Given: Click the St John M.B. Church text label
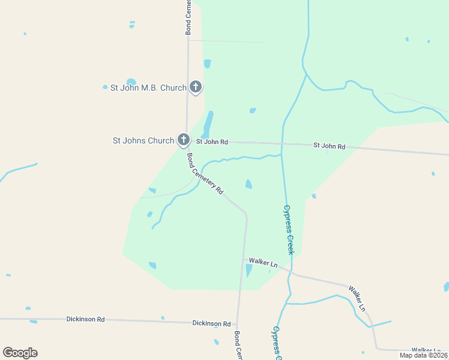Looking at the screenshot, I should [x=148, y=88].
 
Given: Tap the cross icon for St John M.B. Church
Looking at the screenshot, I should [x=195, y=87].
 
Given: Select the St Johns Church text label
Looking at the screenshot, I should [x=143, y=141].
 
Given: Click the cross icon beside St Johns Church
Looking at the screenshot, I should [x=183, y=140].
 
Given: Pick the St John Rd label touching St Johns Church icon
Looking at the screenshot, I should [x=212, y=142].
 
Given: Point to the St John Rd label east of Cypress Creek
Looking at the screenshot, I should [x=330, y=146].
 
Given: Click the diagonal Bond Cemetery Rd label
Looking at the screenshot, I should [x=205, y=174].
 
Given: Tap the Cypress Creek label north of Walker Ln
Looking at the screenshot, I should [x=288, y=230].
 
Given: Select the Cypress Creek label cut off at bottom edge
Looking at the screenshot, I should [x=277, y=344].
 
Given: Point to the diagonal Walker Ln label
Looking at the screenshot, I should [x=358, y=298].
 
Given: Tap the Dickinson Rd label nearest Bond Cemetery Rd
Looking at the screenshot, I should [x=211, y=323].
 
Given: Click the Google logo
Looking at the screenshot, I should [x=20, y=353].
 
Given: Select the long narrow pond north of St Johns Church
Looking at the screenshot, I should [x=208, y=125].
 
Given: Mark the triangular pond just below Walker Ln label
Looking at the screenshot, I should [x=249, y=271].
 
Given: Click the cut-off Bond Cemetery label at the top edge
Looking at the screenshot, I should [x=188, y=17].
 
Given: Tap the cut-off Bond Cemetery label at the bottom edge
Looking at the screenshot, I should [x=238, y=346].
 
